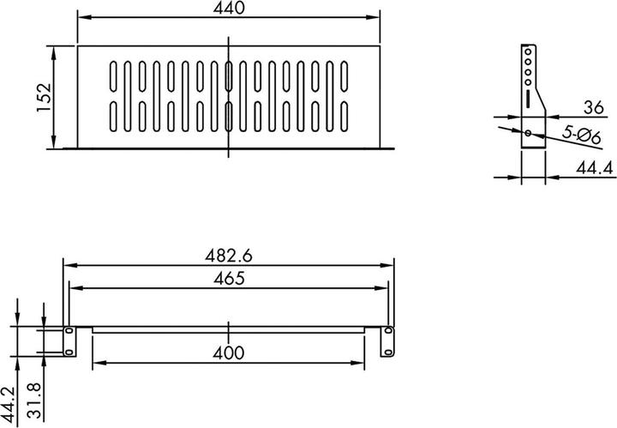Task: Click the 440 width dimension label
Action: tap(228, 9)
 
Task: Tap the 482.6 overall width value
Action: tap(228, 256)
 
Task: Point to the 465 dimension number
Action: tap(228, 277)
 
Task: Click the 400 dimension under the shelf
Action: tap(228, 353)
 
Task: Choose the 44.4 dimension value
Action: tap(595, 168)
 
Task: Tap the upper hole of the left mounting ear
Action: tap(69, 330)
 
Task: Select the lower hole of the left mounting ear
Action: tap(69, 351)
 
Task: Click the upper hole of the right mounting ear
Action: tap(388, 330)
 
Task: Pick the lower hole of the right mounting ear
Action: tap(388, 351)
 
